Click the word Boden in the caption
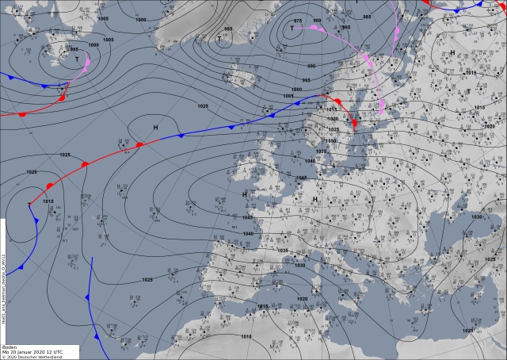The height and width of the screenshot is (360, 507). click(x=10, y=347)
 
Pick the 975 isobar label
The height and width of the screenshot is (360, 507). click(x=298, y=20)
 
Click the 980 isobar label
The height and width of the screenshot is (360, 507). click(x=317, y=21)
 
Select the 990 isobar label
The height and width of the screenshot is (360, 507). click(x=311, y=66)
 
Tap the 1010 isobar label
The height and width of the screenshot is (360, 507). click(x=246, y=336)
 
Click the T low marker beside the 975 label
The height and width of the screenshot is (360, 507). click(x=292, y=28)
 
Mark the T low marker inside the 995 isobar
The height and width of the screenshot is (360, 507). click(x=77, y=59)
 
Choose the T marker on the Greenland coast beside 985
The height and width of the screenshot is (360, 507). click(x=219, y=38)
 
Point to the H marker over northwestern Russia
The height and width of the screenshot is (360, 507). click(x=452, y=53)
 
